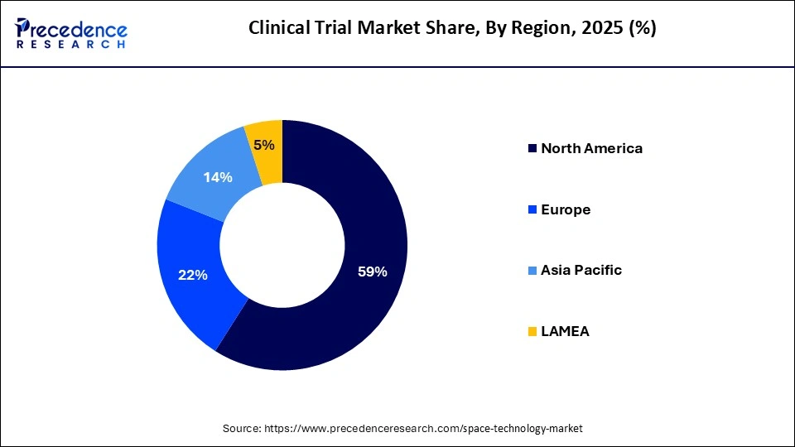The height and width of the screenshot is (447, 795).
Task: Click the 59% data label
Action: coord(371,271)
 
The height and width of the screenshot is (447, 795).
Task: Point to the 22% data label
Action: coord(192,275)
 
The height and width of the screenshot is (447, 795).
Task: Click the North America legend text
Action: coord(591,149)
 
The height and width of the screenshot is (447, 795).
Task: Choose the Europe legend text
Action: coord(566,209)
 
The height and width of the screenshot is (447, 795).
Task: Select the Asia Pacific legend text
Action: coord(581,271)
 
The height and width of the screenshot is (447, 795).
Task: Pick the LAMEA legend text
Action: coord(565,331)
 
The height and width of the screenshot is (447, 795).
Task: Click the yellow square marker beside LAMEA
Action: coord(531,332)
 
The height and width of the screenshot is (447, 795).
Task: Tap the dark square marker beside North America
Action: coord(531,149)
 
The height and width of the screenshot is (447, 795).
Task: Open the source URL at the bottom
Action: coord(423,428)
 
